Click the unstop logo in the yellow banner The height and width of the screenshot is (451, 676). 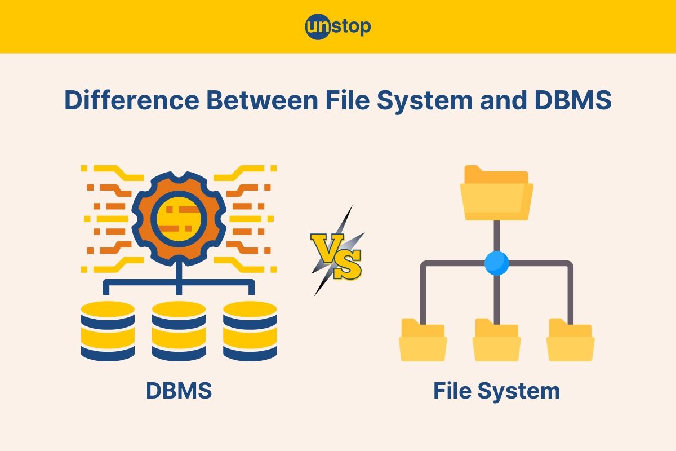(338, 26)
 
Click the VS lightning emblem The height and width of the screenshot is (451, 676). (337, 251)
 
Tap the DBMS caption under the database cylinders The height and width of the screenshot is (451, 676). (179, 390)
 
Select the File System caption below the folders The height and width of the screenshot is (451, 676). (496, 390)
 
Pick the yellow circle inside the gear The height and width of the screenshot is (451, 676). (179, 218)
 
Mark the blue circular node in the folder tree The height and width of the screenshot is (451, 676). (496, 263)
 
